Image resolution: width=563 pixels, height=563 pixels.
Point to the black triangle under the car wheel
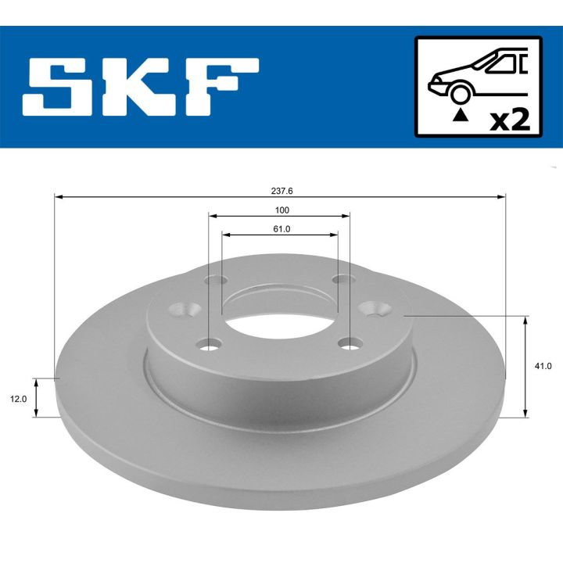click(461, 115)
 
